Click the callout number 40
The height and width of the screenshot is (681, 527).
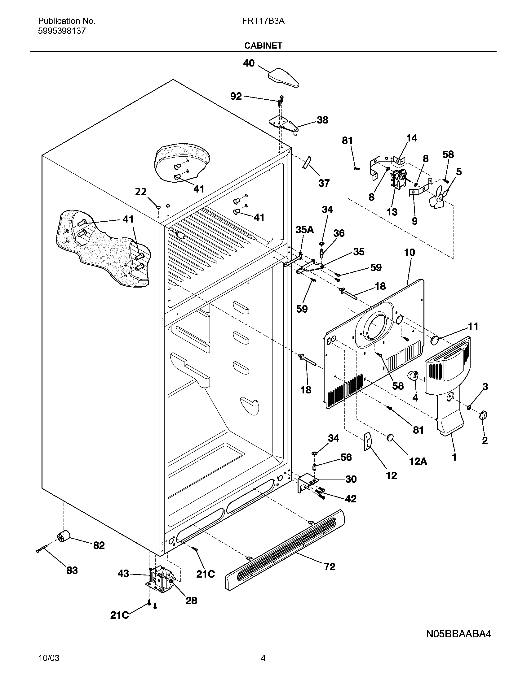click(x=249, y=63)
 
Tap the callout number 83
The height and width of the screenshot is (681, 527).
click(x=72, y=570)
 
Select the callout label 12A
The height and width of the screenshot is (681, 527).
click(x=418, y=461)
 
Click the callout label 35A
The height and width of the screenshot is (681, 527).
click(x=304, y=230)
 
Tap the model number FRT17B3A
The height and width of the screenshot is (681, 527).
click(x=263, y=21)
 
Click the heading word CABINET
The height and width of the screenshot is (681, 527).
click(x=263, y=46)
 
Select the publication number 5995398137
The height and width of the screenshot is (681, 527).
click(x=62, y=31)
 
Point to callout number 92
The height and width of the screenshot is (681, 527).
click(x=236, y=96)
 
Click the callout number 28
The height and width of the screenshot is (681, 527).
click(x=191, y=601)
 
